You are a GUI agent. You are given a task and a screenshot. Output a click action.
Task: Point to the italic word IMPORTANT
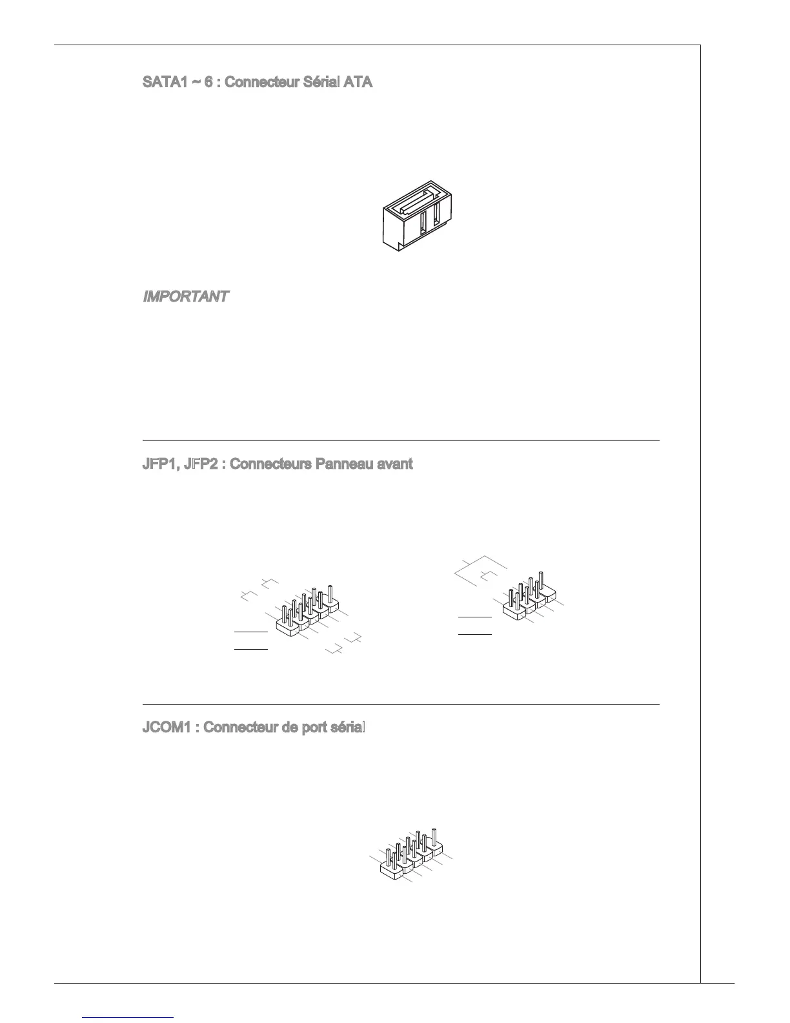[185, 296]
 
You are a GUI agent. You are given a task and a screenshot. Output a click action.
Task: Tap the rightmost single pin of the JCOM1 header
[434, 838]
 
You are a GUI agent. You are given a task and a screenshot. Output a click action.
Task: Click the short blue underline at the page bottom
[129, 1017]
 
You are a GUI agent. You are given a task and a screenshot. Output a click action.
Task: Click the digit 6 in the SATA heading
[208, 83]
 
